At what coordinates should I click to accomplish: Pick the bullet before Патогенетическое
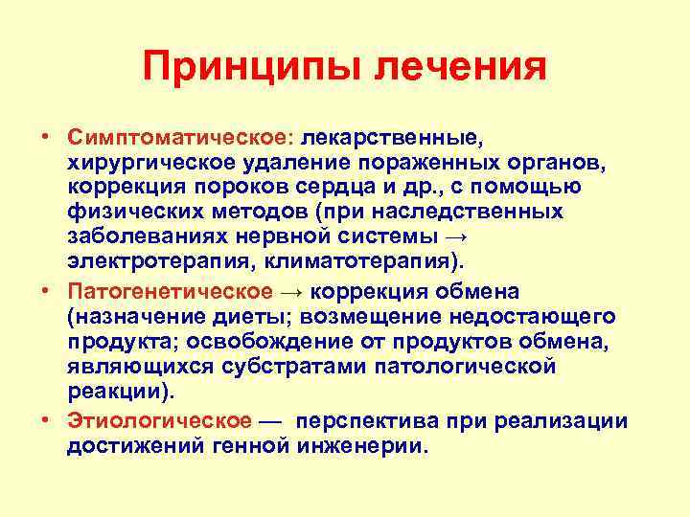click(x=45, y=291)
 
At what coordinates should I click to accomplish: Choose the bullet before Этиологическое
click(x=45, y=421)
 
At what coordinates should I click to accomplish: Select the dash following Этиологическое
click(x=272, y=421)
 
